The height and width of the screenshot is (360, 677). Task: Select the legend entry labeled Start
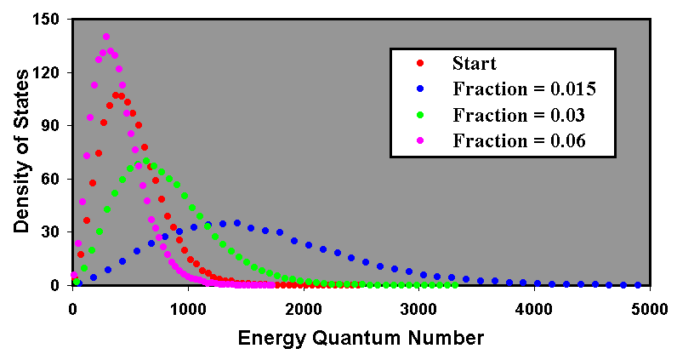tap(475, 64)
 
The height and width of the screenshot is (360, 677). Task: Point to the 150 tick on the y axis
tap(54, 20)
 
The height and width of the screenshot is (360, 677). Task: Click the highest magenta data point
tap(106, 37)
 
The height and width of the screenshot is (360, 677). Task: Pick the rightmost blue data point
tap(638, 285)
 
